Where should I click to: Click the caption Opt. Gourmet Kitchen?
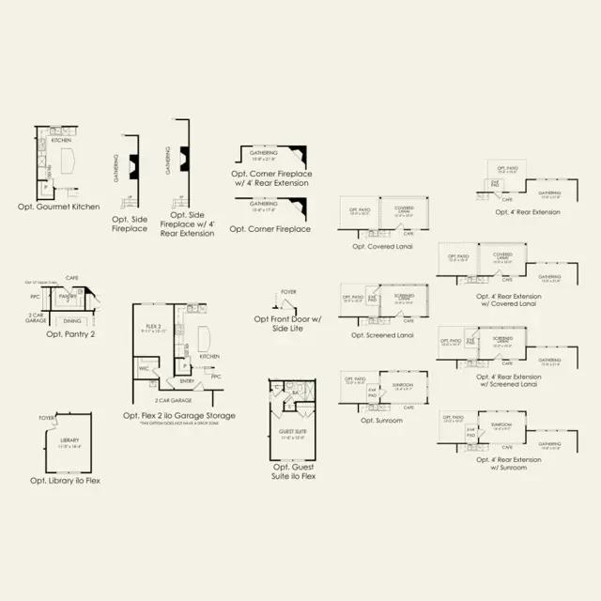58,206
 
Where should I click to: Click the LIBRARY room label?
69,440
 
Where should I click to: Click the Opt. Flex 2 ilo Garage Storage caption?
179,414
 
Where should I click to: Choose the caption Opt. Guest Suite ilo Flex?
293,471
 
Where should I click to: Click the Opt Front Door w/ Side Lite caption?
287,323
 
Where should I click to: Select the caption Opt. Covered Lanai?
383,246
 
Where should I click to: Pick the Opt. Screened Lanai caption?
382,334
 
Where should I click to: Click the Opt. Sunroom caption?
381,420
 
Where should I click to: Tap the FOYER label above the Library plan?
46,418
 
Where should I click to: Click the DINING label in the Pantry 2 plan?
72,320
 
